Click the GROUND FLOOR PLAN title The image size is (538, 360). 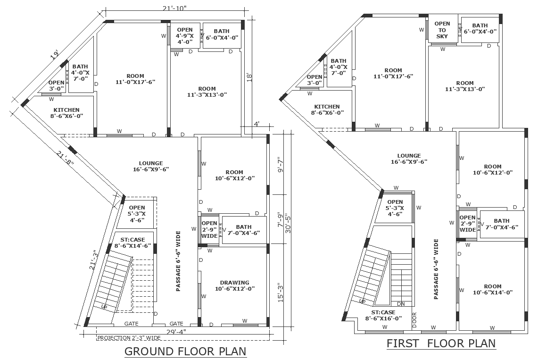[x=185, y=352]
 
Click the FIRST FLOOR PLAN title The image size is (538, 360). [x=441, y=343]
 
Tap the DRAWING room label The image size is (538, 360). [x=235, y=285]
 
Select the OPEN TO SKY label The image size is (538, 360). [x=442, y=30]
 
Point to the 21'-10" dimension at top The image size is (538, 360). [x=175, y=8]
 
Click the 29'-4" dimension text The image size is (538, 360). [x=176, y=332]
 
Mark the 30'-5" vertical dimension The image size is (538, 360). [x=288, y=224]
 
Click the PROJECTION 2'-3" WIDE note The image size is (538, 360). [x=129, y=338]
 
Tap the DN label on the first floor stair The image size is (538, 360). [x=401, y=304]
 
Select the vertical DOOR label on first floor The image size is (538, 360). [x=414, y=319]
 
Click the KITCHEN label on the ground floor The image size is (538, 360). [x=66, y=113]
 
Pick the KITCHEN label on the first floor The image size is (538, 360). [x=327, y=109]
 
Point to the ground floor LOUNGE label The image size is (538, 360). [x=151, y=166]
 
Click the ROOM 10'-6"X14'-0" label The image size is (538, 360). [x=493, y=289]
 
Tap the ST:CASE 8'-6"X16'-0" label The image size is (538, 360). [x=383, y=315]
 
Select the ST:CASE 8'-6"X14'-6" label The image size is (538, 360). [x=132, y=243]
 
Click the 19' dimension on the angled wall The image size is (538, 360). [x=54, y=55]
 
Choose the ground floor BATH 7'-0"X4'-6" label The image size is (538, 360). [x=244, y=230]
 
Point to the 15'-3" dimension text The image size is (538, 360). [x=281, y=292]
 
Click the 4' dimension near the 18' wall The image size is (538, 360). [x=257, y=124]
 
